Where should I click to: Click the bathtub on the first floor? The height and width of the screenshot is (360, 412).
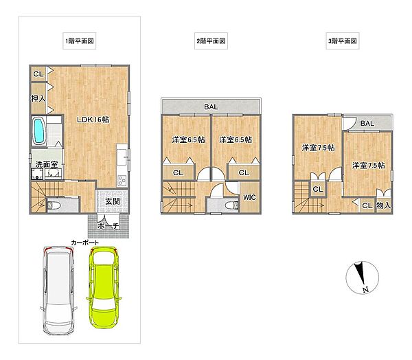click(x=39, y=131)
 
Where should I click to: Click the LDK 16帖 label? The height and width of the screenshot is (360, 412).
click(x=93, y=120)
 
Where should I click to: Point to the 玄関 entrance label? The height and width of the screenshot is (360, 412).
click(x=113, y=201)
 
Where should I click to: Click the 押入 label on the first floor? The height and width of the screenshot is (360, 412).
click(x=38, y=99)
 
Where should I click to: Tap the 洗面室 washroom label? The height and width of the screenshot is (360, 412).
click(x=47, y=165)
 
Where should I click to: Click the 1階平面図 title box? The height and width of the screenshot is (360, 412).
click(x=80, y=41)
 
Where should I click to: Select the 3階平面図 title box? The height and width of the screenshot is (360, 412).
click(x=343, y=41)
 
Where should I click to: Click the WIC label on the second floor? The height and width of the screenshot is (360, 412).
click(x=249, y=197)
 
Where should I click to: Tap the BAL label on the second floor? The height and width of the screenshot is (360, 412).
click(x=211, y=107)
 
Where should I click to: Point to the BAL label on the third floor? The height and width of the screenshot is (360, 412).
click(x=367, y=124)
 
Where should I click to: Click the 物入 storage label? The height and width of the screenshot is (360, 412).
click(x=384, y=205)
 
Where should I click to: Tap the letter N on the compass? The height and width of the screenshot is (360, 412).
click(x=365, y=290)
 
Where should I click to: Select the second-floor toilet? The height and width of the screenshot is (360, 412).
click(x=232, y=205)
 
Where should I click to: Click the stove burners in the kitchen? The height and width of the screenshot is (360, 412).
click(x=122, y=181)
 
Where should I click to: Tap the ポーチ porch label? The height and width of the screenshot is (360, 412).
click(x=108, y=226)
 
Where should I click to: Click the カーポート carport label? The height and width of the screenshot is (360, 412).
click(x=85, y=243)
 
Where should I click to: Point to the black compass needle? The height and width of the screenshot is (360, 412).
click(x=359, y=273)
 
